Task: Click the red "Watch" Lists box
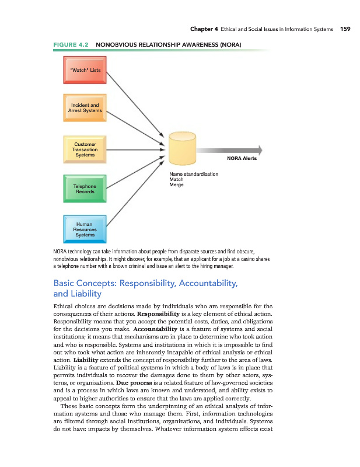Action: [85, 71]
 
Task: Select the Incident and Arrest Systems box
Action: [85, 107]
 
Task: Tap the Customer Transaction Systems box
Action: [85, 149]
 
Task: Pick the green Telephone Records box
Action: [85, 189]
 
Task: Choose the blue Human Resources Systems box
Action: [85, 229]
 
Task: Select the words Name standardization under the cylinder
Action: [194, 174]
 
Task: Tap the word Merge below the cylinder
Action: [176, 184]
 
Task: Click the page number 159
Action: [344, 29]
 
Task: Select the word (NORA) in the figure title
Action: [230, 44]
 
